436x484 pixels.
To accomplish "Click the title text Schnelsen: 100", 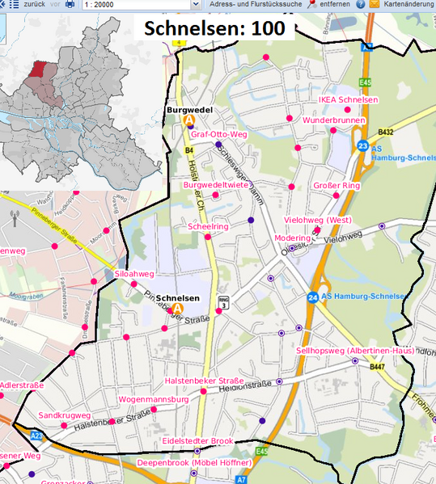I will [x=214, y=28].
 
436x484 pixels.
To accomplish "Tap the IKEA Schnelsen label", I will [x=348, y=100].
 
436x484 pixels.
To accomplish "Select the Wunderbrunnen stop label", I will [x=333, y=120].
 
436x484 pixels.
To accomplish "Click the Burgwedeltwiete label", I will [x=215, y=186].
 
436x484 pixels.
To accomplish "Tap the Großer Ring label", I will [x=337, y=186].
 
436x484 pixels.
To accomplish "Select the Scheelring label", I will [x=208, y=228].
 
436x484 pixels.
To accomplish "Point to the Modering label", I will [x=292, y=238].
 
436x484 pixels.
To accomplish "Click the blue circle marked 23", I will [x=363, y=145].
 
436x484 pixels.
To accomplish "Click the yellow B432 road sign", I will [x=385, y=132].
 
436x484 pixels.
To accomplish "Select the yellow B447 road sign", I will [x=377, y=367].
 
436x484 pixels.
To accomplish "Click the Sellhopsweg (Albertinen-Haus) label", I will [x=355, y=351].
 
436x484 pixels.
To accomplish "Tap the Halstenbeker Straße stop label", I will [x=204, y=381].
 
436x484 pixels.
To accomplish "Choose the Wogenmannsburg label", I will [x=153, y=399].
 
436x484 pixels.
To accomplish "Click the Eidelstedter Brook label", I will [x=197, y=441].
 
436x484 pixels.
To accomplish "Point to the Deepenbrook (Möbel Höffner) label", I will [x=194, y=462].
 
